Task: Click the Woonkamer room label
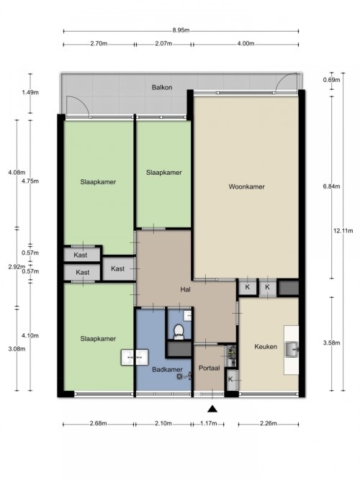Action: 246,186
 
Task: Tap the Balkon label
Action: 162,87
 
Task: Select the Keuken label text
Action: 266,347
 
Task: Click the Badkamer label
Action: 167,369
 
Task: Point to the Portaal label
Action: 210,368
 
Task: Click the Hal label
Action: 185,289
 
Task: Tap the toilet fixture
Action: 179,332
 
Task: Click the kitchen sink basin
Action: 292,349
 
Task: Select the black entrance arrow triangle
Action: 212,409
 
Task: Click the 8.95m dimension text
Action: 181,30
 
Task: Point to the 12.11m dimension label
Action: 343,230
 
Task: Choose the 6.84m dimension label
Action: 331,186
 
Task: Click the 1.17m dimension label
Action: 209,423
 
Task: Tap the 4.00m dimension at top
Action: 246,43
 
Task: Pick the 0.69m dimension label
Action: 331,80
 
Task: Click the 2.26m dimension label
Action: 269,423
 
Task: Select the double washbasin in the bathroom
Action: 135,357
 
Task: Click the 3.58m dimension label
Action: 331,343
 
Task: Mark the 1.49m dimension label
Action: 30,92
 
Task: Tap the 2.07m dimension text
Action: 163,43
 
